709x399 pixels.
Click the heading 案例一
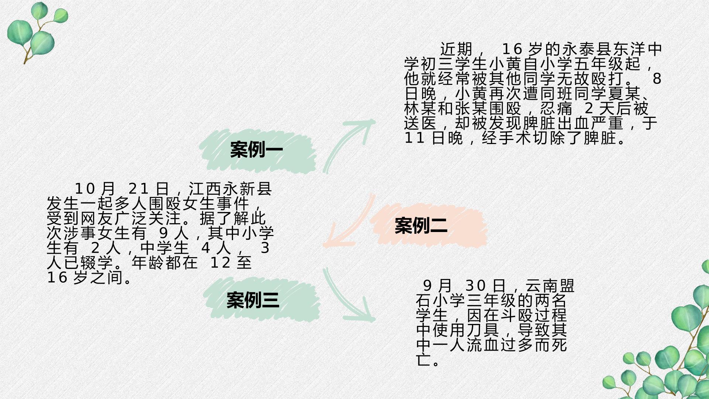[x=257, y=150]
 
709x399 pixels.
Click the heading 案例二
[x=421, y=225]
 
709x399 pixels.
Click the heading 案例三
[x=253, y=300]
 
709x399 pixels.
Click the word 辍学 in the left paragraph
[x=97, y=263]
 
